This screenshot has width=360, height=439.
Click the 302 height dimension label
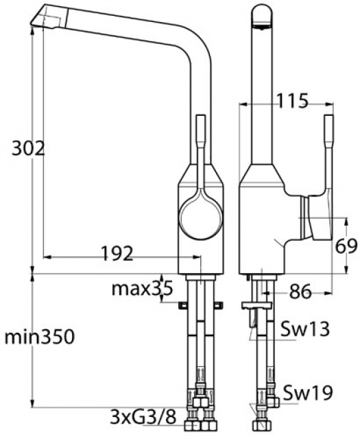point(28,150)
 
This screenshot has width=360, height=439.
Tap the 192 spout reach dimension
point(117,253)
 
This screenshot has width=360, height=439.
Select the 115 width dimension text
point(292,101)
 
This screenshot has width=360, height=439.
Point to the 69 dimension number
point(346,247)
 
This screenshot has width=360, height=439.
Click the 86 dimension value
point(300,292)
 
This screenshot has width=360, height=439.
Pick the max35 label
point(142,289)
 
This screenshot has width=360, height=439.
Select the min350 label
point(40,337)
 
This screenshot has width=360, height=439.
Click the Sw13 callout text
point(305,329)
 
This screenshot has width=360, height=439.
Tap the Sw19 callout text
point(308,393)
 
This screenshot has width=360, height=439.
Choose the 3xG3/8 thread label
point(143,417)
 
